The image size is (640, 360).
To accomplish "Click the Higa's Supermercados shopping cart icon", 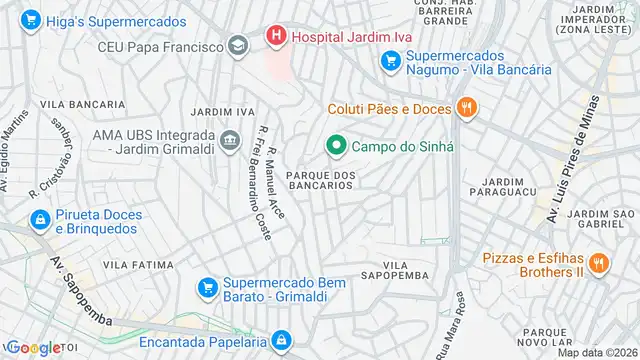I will pyautogui.click(x=30, y=18).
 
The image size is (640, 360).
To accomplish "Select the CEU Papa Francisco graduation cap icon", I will pyautogui.click(x=238, y=45).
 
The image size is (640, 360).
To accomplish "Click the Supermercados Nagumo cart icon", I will pyautogui.click(x=391, y=62).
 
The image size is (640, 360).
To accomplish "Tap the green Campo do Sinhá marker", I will pyautogui.click(x=337, y=146).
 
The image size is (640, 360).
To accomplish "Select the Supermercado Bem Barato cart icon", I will pyautogui.click(x=207, y=288).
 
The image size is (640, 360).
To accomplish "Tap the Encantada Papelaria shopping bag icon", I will pyautogui.click(x=282, y=341).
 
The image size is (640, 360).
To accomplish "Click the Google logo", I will pyautogui.click(x=34, y=347).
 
